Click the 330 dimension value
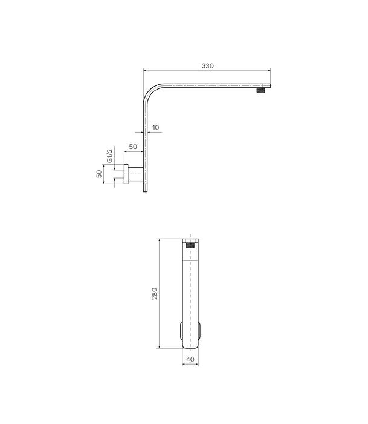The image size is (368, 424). [x=208, y=65]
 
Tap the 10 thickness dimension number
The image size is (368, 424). [x=156, y=128]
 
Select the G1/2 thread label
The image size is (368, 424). [x=110, y=156]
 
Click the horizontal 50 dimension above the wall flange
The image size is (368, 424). [x=132, y=147]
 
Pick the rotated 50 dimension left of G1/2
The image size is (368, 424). [x=100, y=173]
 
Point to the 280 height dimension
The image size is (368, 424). [x=154, y=294]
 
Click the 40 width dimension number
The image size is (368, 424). [x=190, y=359]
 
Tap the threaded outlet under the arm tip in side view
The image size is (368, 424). [x=261, y=91]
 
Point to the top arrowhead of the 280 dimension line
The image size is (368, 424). [x=159, y=240]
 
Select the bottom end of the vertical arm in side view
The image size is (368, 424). [x=145, y=190]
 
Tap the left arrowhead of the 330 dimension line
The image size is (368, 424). [x=145, y=70]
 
